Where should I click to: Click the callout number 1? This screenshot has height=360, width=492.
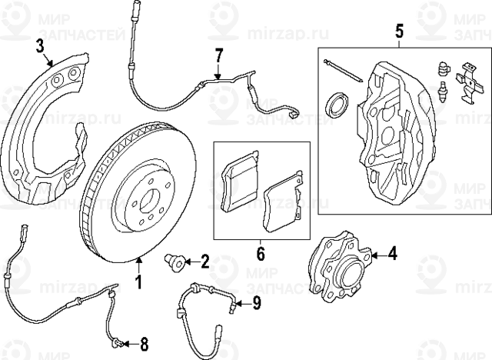(x=139, y=282)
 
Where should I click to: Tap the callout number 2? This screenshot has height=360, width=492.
(x=204, y=262)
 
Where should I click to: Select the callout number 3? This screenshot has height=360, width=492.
(x=40, y=48)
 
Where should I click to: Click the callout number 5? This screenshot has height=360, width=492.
(x=399, y=32)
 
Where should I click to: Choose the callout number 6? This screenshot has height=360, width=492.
(x=260, y=252)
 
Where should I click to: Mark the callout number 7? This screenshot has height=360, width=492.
(x=218, y=55)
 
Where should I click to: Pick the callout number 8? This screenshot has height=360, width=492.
(x=145, y=343)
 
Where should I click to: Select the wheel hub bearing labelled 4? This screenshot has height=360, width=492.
(x=341, y=267)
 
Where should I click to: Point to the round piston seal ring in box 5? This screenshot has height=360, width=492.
(x=336, y=104)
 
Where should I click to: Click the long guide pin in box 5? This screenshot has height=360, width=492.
(x=342, y=70)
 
